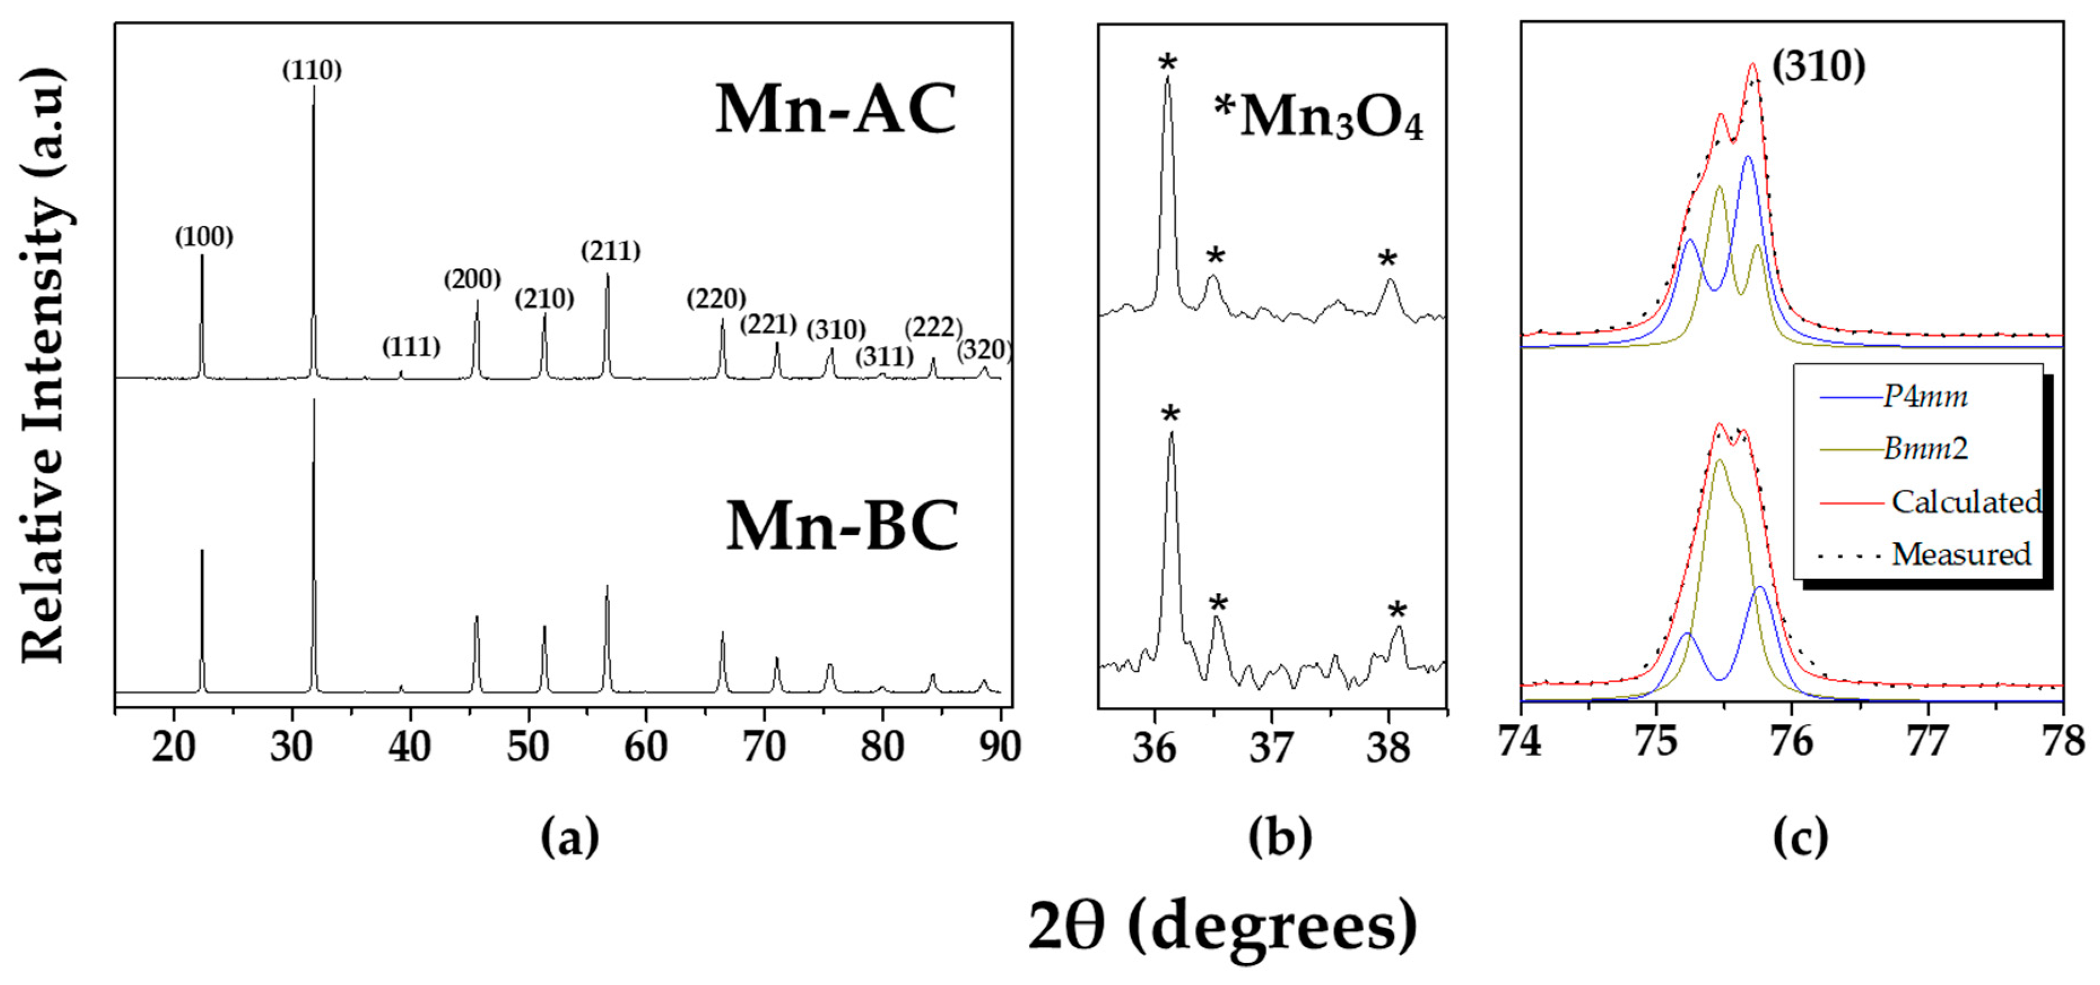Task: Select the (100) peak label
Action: (204, 237)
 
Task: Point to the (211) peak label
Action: (611, 250)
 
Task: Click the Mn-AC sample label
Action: (836, 110)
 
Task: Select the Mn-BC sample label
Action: (842, 527)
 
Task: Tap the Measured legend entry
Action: (1960, 554)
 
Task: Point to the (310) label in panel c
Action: (1819, 66)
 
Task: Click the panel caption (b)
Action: (1280, 838)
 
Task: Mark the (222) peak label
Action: (933, 327)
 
